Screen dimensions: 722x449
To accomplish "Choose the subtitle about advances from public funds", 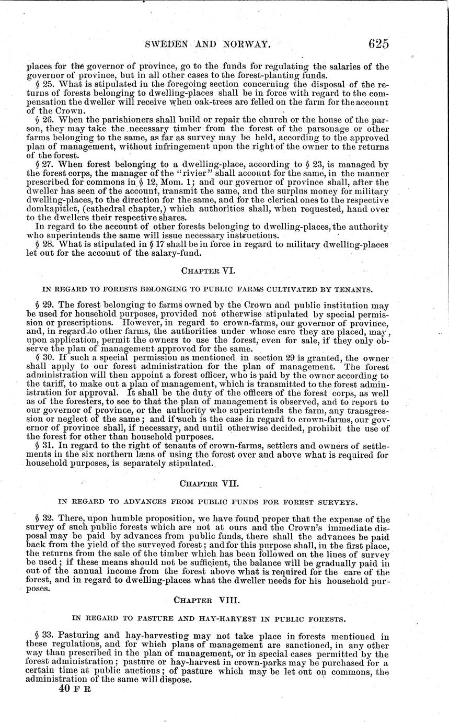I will (208, 502).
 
